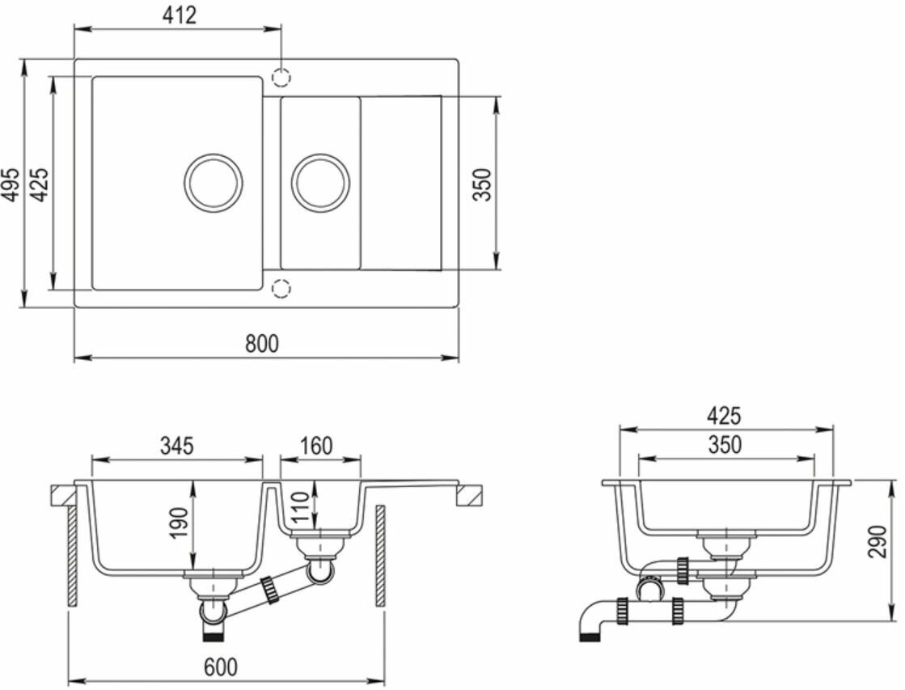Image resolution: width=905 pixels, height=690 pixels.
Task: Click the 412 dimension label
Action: point(179,15)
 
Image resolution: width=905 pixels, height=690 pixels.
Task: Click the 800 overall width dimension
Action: point(261,344)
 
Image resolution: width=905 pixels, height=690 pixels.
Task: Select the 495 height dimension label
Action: point(11,184)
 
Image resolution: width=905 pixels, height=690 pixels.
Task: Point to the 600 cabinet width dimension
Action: point(221,667)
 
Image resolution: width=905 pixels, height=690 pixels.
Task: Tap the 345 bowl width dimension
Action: point(176,446)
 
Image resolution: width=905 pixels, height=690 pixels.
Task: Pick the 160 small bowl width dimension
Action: point(316,446)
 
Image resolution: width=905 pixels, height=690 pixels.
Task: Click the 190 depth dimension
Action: point(180,523)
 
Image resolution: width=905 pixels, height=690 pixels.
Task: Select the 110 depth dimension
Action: point(301,506)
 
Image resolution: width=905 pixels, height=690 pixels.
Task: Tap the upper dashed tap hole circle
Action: point(281,77)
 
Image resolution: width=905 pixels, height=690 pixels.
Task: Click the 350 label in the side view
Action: point(725,445)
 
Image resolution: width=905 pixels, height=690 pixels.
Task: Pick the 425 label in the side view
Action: point(724,416)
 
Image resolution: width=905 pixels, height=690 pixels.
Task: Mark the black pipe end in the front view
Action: point(214,637)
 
